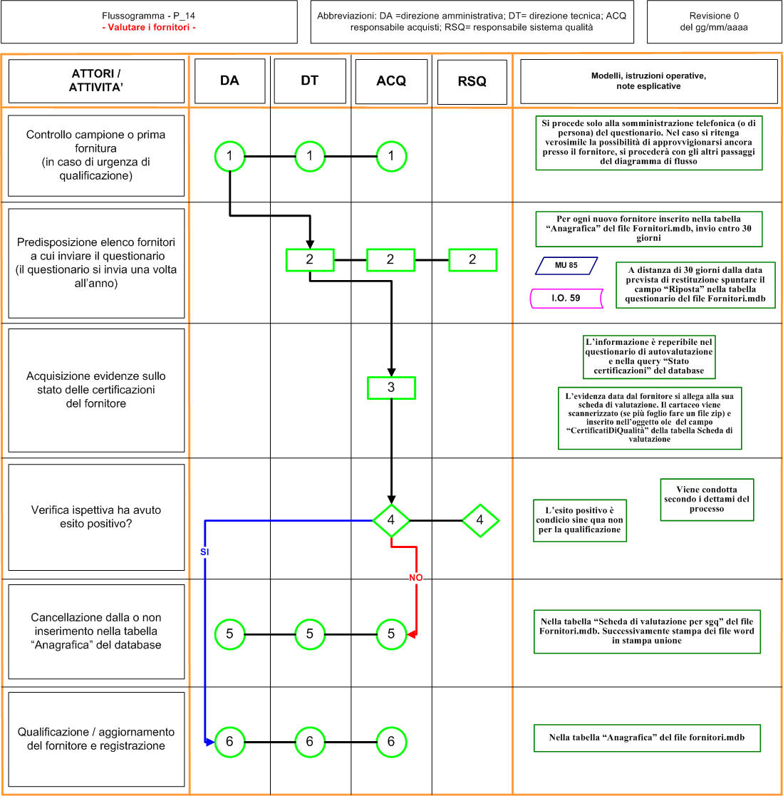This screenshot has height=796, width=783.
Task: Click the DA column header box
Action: (229, 81)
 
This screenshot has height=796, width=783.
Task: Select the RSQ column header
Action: (472, 82)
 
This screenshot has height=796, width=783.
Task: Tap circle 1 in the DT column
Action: (309, 156)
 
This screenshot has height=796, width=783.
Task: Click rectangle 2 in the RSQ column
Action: (472, 260)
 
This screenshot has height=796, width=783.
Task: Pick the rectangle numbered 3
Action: (391, 388)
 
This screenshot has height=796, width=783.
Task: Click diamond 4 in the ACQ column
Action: (391, 520)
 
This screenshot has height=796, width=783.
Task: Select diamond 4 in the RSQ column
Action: (480, 520)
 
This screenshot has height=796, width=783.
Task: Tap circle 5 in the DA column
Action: (230, 634)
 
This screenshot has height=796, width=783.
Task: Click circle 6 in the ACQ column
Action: (391, 742)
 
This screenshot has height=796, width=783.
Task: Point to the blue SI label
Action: (204, 552)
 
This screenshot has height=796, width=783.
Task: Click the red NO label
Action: (415, 578)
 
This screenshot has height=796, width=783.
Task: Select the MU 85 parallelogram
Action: (566, 266)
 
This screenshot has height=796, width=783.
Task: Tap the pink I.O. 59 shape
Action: (566, 299)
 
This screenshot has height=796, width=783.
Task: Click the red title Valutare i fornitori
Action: (149, 27)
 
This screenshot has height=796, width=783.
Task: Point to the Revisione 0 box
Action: (714, 22)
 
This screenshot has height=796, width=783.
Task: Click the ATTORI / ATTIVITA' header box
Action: (96, 81)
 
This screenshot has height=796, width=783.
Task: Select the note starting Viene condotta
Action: (707, 500)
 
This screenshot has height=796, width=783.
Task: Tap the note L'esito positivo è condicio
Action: (579, 520)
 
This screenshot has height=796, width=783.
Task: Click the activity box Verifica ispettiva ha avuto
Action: (96, 517)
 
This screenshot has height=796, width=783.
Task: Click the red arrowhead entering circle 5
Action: (412, 634)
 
